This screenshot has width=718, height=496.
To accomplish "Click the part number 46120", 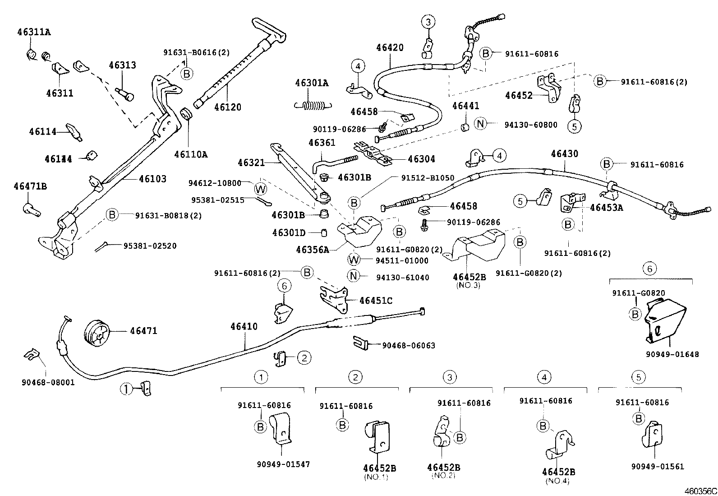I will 227,107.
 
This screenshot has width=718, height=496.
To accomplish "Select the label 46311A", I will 34,32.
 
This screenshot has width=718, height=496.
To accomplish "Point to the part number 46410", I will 244,326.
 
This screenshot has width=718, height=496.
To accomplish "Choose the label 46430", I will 564,154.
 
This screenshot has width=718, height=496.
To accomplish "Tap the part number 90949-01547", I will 284,464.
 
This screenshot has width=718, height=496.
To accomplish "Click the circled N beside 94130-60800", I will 481,123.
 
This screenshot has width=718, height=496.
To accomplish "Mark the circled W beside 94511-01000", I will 354,260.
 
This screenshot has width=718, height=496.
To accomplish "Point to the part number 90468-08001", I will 48,382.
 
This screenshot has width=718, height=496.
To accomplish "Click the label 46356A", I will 312,250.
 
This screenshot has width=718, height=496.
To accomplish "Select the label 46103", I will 152,179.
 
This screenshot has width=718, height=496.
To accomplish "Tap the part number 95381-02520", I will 150,246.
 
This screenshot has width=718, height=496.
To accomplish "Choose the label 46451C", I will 376,301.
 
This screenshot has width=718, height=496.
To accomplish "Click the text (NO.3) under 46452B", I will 469,285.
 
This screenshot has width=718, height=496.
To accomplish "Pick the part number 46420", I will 390,48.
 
